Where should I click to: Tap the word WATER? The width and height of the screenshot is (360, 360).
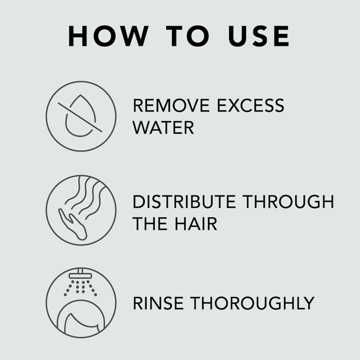[x=163, y=128]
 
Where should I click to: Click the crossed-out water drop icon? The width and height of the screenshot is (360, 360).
[x=81, y=116]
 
